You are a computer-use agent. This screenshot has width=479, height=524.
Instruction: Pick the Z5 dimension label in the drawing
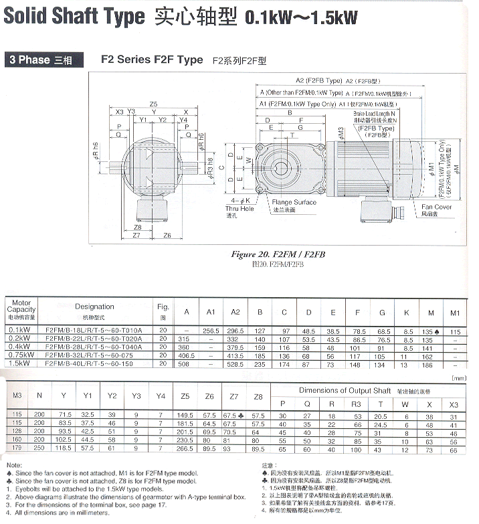tap(153, 104)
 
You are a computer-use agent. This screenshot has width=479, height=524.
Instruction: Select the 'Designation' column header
tap(95, 307)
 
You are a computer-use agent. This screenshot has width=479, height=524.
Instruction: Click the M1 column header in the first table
tap(454, 312)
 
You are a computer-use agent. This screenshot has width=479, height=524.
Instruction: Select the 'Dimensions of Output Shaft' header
tap(345, 390)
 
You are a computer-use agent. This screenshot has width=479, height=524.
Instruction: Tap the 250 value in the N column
tap(39, 448)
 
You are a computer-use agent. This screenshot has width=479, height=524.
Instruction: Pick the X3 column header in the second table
tap(454, 404)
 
